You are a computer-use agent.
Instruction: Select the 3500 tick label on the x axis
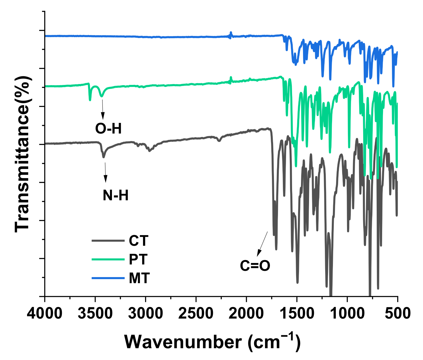95,313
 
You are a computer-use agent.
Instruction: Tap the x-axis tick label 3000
145,313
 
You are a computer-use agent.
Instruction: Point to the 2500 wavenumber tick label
196,313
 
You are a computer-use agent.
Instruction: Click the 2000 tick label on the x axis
246,313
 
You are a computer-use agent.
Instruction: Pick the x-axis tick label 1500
297,313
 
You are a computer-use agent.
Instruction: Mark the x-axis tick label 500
398,313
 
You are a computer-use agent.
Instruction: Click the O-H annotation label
108,129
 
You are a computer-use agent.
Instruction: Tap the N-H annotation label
115,196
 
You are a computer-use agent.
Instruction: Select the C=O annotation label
255,266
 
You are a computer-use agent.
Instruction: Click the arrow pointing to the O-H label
102,109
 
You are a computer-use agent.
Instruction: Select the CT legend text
139,241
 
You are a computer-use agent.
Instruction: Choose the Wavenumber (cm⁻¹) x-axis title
212,342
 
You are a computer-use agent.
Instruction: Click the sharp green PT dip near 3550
90,99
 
